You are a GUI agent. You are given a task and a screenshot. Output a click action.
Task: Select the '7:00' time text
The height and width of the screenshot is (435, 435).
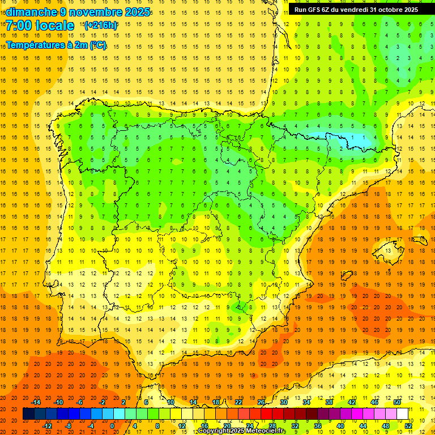[x=18, y=25]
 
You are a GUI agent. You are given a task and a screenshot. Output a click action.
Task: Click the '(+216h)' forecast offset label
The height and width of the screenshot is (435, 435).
[x=100, y=25]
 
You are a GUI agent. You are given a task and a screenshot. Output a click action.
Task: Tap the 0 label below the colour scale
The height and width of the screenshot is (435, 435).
[x=112, y=425]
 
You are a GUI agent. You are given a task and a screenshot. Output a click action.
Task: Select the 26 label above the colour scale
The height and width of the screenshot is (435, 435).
[x=261, y=402]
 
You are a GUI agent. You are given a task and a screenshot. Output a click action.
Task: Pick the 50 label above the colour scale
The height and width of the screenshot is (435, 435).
[x=396, y=402]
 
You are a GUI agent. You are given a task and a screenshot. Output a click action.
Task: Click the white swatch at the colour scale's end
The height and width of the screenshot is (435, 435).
[x=402, y=414]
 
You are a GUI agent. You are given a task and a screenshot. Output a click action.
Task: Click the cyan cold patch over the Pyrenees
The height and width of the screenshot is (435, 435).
[x=334, y=138]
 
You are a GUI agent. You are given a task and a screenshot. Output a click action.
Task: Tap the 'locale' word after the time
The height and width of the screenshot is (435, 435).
[x=55, y=25]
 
